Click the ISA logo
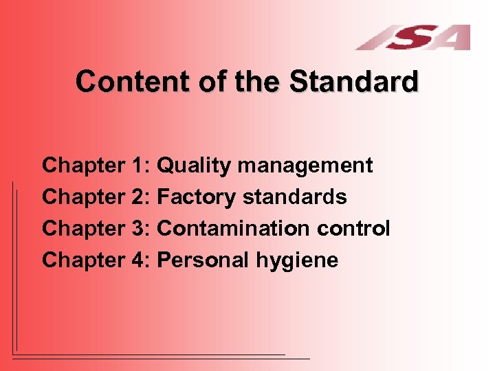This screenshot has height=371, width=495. (x=413, y=37)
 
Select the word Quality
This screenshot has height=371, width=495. (x=195, y=166)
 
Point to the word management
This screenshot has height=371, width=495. (x=306, y=166)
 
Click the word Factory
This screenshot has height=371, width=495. (x=197, y=198)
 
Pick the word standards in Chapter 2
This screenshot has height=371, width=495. (x=294, y=198)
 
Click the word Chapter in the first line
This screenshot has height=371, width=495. (x=82, y=166)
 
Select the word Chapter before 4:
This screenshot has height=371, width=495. (x=82, y=260)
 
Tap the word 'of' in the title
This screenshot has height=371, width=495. (x=207, y=82)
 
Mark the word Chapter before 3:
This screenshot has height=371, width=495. (x=82, y=229)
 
